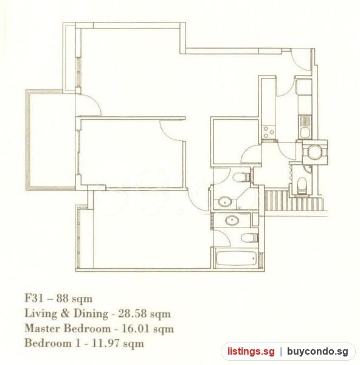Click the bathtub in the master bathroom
point(237,258)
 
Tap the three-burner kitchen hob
point(268,132)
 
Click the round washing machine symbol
point(314,152)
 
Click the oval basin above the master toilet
point(232,220)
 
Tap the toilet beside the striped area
point(302,186)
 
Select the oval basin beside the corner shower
point(225,201)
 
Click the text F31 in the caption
point(34,299)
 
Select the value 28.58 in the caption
point(133,314)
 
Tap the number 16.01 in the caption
point(136,328)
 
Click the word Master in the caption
point(43,328)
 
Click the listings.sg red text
point(251,351)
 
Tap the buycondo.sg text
point(317,351)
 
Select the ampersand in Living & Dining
point(65,313)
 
